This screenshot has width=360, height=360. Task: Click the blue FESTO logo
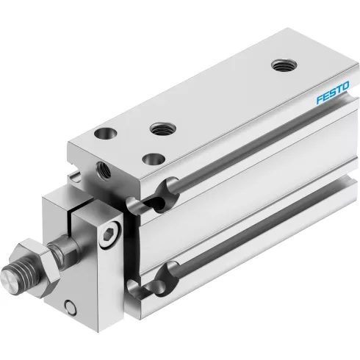tap(332, 93)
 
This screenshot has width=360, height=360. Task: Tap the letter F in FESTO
tap(320, 99)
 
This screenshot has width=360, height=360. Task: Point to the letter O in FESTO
tap(345, 87)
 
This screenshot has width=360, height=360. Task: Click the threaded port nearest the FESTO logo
tap(284, 65)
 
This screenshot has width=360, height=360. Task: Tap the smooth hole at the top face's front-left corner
tap(106, 134)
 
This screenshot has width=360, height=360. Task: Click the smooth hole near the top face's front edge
tap(154, 159)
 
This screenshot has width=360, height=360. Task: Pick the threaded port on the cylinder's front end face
tap(104, 170)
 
